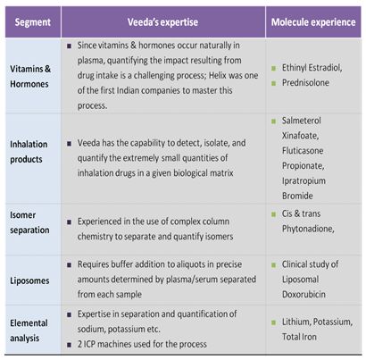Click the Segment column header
pyautogui.click(x=33, y=22)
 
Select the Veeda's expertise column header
pyautogui.click(x=162, y=22)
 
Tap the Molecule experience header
pyautogui.click(x=313, y=22)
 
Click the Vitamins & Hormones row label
pyautogui.click(x=30, y=77)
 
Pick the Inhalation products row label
pyautogui.click(x=29, y=152)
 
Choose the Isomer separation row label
pyautogui.click(x=29, y=222)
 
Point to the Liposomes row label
pyautogui.click(x=29, y=280)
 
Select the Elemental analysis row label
pyautogui.click(x=29, y=331)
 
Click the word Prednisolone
pyautogui.click(x=305, y=82)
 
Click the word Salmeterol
pyautogui.click(x=302, y=121)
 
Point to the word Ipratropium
pyautogui.click(x=304, y=181)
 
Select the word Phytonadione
pyautogui.click(x=308, y=229)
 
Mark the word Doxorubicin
pyautogui.click(x=304, y=294)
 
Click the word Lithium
pyautogui.click(x=296, y=322)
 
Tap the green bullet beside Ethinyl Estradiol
pyautogui.click(x=273, y=69)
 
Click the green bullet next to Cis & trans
pyautogui.click(x=273, y=214)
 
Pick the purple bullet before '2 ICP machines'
pyautogui.click(x=69, y=345)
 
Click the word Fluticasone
pyautogui.click(x=303, y=151)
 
